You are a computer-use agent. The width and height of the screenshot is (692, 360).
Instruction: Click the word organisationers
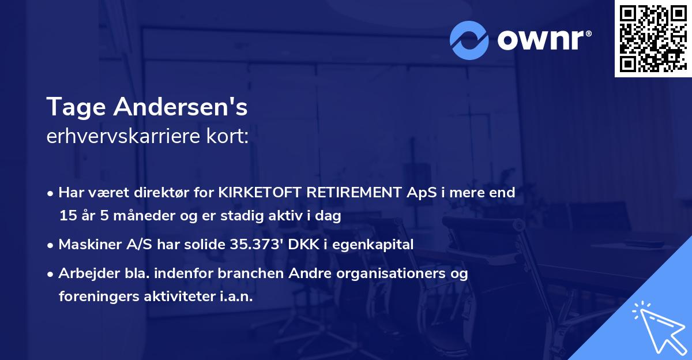[387, 273]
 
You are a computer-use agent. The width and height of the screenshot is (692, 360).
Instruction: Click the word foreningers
[95, 297]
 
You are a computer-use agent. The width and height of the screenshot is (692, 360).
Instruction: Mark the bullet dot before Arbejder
[51, 274]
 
